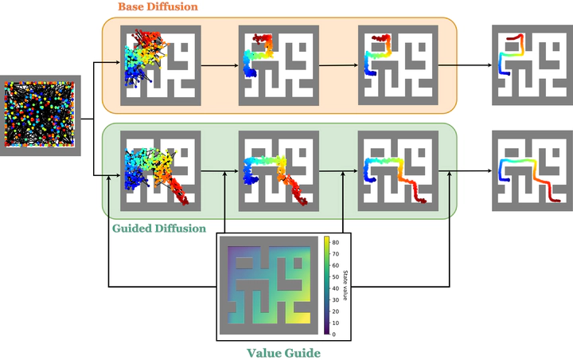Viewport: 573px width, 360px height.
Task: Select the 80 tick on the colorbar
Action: (x=335, y=242)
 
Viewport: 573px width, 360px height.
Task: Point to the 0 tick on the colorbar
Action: (x=333, y=334)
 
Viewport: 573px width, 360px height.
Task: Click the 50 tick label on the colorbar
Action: (x=335, y=277)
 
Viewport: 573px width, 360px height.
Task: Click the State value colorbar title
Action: (x=345, y=285)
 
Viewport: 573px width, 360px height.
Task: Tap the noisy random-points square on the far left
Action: (x=40, y=115)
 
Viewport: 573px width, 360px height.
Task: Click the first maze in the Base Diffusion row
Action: (x=161, y=65)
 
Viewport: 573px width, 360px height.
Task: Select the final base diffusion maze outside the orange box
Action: (x=532, y=65)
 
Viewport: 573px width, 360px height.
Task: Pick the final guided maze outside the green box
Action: (x=532, y=171)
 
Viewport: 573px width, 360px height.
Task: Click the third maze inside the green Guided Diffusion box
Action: (x=398, y=171)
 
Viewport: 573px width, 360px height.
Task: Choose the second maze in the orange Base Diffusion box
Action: (x=279, y=65)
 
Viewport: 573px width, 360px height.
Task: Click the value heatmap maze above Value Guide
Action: (x=269, y=285)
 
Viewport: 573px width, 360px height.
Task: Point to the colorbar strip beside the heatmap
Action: (x=326, y=285)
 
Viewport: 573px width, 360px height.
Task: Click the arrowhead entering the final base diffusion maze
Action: (x=489, y=65)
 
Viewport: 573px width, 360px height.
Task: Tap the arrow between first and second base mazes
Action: (x=220, y=66)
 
